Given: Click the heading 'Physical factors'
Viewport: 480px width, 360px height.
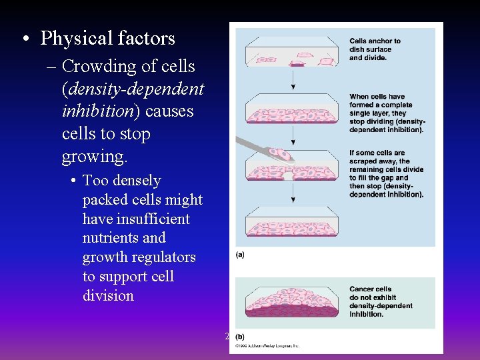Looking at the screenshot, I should tap(107, 39).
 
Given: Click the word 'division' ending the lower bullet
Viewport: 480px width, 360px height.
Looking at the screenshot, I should tap(109, 295).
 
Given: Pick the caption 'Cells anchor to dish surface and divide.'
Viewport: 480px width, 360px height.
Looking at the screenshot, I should tap(375, 49).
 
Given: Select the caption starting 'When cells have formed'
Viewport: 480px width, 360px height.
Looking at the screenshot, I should tap(387, 113).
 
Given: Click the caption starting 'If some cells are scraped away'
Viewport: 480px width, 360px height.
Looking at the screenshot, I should tap(386, 174).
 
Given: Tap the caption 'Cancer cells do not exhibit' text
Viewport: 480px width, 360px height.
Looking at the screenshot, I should tap(381, 302).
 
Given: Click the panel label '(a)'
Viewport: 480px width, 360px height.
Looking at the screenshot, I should tap(240, 255).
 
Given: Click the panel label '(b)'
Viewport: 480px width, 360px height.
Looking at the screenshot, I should tap(240, 337).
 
